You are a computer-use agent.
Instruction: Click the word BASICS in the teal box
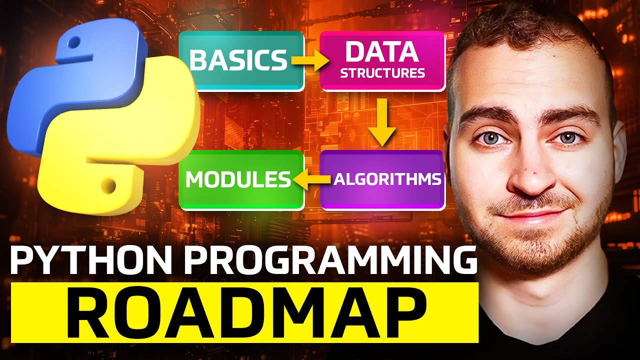point(238,60)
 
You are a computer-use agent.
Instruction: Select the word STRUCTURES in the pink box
point(382,73)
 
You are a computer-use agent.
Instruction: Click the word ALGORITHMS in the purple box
point(387,179)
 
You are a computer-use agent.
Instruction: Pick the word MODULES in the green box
point(237,180)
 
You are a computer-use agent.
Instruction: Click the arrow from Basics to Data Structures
point(309,60)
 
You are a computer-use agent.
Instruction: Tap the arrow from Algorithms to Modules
point(311,179)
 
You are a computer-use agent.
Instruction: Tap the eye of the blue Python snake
point(74,41)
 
